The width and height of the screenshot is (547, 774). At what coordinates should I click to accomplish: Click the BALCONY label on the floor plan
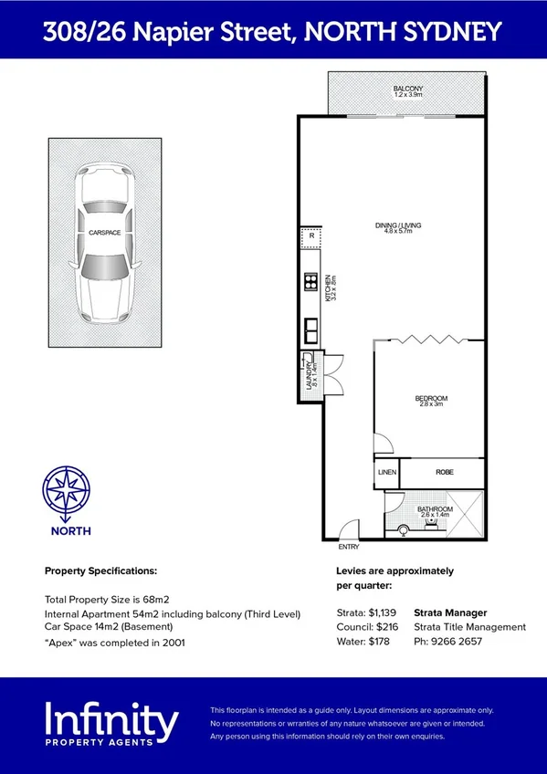408,89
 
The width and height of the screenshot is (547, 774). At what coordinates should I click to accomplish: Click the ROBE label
444,472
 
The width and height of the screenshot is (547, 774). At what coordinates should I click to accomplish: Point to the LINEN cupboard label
387,472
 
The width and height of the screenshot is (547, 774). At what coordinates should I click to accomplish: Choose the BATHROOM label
435,509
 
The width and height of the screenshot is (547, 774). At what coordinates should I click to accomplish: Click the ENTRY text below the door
349,547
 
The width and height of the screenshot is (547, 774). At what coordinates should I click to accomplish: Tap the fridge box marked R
311,235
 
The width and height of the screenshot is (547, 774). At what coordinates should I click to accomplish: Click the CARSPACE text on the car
105,233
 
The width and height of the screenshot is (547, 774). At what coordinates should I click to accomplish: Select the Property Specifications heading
100,570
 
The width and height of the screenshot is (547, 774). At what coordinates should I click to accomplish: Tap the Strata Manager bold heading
450,612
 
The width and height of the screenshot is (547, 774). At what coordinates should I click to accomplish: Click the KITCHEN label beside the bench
327,288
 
